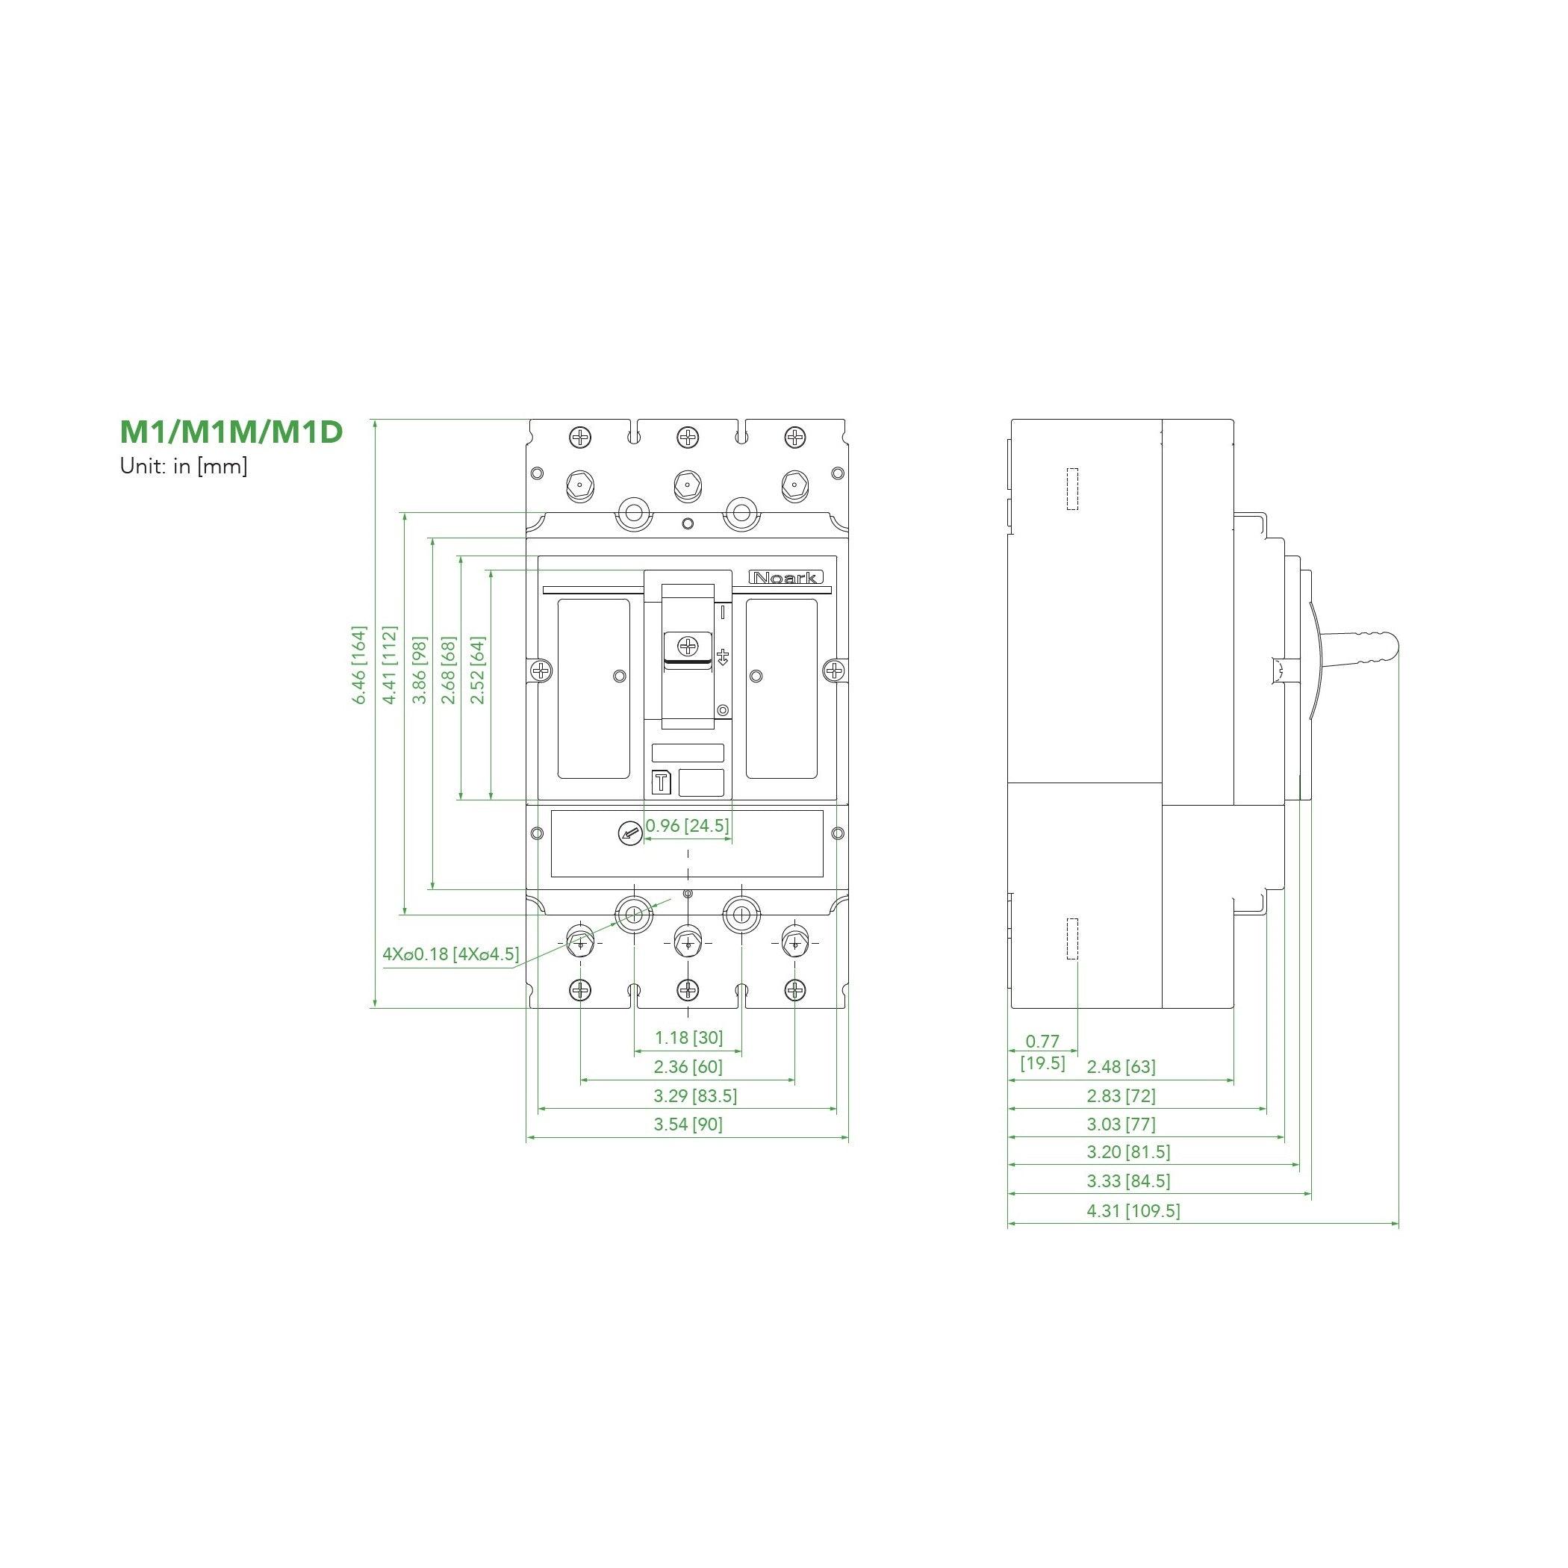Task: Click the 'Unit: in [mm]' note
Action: [x=184, y=467]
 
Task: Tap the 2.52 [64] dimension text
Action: [x=477, y=670]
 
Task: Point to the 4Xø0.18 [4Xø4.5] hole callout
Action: [x=450, y=953]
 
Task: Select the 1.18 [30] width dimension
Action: [x=688, y=1037]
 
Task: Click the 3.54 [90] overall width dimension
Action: [x=688, y=1124]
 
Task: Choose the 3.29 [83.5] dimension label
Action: [x=696, y=1095]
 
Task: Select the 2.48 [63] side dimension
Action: [x=1121, y=1066]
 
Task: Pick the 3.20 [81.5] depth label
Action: [x=1128, y=1151]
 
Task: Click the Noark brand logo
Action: [x=785, y=578]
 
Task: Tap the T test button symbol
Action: [x=662, y=783]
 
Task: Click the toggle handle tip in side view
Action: [x=1390, y=646]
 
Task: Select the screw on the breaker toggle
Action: [x=688, y=647]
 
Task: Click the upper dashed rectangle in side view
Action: [x=1072, y=489]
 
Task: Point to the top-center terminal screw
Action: [x=688, y=438]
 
